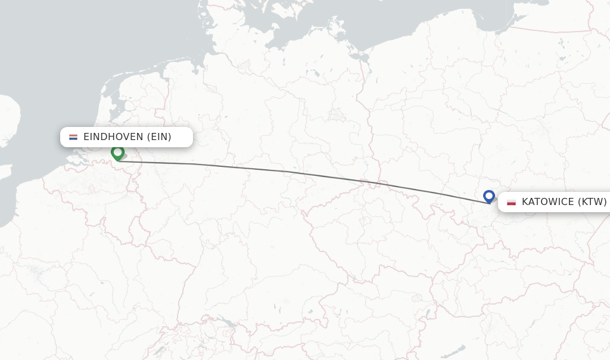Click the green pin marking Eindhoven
[x=117, y=153]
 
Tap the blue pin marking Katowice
[x=489, y=195]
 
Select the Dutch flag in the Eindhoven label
[x=73, y=137]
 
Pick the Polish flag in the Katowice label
[x=511, y=202]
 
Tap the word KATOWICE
[x=547, y=202]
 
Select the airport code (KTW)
[x=592, y=202]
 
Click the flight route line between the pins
[x=286, y=172]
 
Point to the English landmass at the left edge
[x=7, y=119]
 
